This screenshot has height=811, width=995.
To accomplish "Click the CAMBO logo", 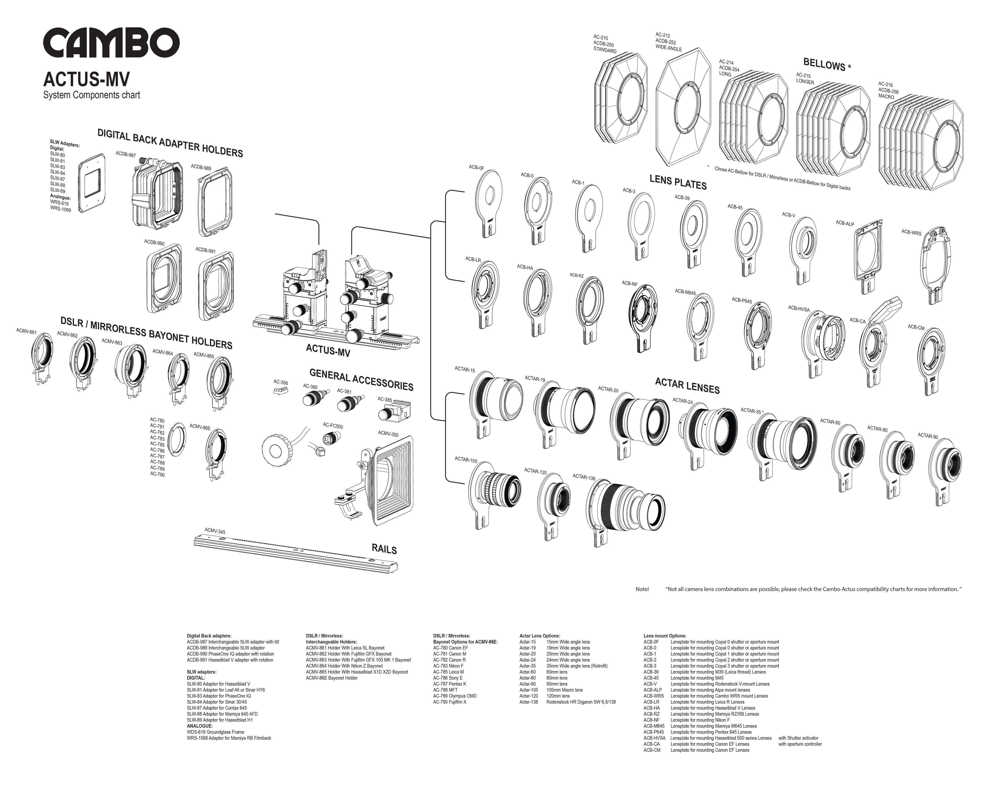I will click(111, 42).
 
